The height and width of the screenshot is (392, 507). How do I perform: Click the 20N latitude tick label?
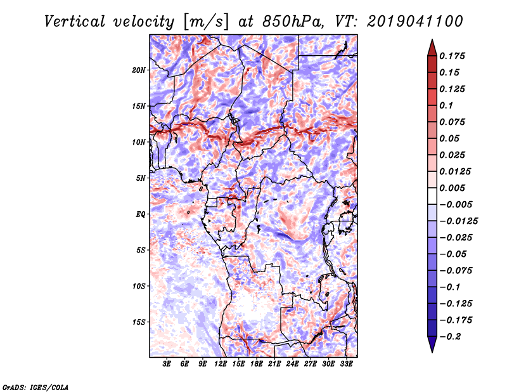[138, 70]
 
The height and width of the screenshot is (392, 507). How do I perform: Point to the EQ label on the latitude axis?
[140, 214]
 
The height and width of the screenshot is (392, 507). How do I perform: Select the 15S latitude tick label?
[138, 322]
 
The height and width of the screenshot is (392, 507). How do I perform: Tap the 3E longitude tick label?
[167, 364]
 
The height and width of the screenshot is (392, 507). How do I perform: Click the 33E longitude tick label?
[346, 364]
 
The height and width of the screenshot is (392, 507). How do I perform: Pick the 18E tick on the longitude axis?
[257, 364]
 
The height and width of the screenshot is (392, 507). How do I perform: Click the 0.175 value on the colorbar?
[452, 56]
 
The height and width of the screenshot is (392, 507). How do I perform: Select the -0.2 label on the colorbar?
[450, 337]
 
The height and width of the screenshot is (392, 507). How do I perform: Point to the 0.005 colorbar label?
[452, 188]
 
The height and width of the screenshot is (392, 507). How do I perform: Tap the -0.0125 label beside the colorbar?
[458, 221]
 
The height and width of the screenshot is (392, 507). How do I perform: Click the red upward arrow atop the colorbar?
[432, 48]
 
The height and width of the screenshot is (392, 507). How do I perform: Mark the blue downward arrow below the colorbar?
[432, 344]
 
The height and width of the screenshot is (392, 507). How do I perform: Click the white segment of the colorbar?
[432, 196]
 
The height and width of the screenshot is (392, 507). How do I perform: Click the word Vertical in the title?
[75, 22]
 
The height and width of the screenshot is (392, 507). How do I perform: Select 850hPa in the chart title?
[293, 22]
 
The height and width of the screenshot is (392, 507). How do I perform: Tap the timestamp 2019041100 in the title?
[415, 22]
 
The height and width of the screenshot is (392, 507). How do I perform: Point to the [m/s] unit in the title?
[206, 22]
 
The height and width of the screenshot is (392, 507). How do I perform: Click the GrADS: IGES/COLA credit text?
[35, 387]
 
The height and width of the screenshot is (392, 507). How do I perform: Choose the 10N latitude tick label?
[138, 142]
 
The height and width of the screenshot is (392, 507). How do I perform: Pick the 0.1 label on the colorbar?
[446, 105]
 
